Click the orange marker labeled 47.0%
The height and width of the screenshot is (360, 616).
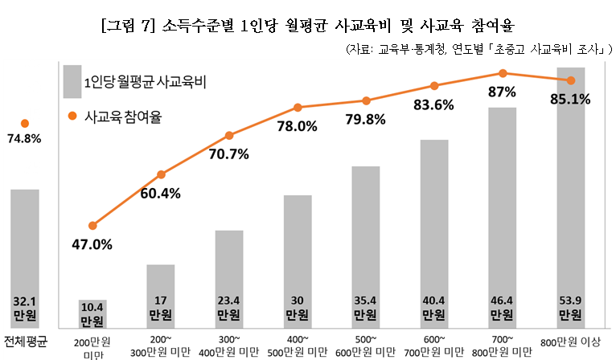coord(92,226)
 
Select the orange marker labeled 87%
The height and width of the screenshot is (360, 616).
coord(503,73)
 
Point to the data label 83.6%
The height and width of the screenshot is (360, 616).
coord(433,104)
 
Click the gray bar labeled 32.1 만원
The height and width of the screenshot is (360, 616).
coord(25,257)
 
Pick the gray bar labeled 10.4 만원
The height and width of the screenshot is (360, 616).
coord(92,313)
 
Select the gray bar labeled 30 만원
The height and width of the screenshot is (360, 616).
coord(298,261)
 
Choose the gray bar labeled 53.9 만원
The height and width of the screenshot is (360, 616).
coord(571,197)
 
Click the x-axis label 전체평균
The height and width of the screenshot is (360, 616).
coord(26,340)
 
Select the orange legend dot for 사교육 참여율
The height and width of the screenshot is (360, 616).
coord(71,117)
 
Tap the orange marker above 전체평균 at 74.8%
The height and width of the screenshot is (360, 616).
coord(24,124)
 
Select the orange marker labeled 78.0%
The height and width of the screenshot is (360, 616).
coord(298,107)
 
